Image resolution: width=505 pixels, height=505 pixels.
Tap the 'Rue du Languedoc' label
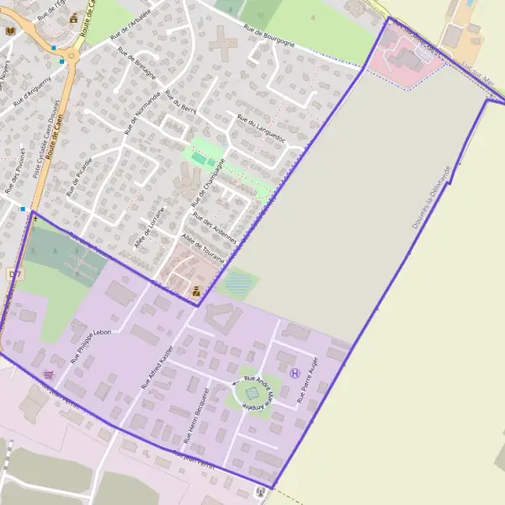262,127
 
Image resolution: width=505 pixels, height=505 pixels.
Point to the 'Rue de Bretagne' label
138,64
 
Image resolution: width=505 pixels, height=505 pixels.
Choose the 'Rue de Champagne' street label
208,182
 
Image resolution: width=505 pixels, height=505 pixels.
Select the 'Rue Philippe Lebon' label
91,343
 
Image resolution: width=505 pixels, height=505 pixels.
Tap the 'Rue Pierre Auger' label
309,380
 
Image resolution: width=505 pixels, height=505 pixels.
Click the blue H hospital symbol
295,373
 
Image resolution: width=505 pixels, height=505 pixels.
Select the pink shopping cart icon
47,374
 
